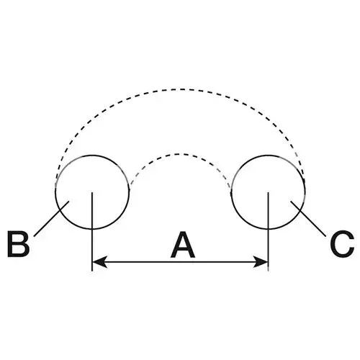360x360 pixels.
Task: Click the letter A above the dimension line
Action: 183,245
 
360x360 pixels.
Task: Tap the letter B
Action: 19,244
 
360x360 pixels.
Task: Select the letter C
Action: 342,243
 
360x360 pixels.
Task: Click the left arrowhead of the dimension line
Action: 99,262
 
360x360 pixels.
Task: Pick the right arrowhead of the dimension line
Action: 261,262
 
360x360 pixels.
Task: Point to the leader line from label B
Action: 52,219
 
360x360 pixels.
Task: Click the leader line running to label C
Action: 308,219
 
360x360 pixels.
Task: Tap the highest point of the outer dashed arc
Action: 180,89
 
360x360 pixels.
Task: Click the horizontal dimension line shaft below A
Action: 180,262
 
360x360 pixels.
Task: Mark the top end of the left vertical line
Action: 92,192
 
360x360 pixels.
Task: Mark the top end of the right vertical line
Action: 268,192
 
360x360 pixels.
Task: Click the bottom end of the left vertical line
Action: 92,271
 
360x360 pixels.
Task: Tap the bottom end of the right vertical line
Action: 268,271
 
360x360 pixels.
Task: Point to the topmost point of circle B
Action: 92,156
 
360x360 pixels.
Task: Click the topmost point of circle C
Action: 268,156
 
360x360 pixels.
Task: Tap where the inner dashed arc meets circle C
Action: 231,189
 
